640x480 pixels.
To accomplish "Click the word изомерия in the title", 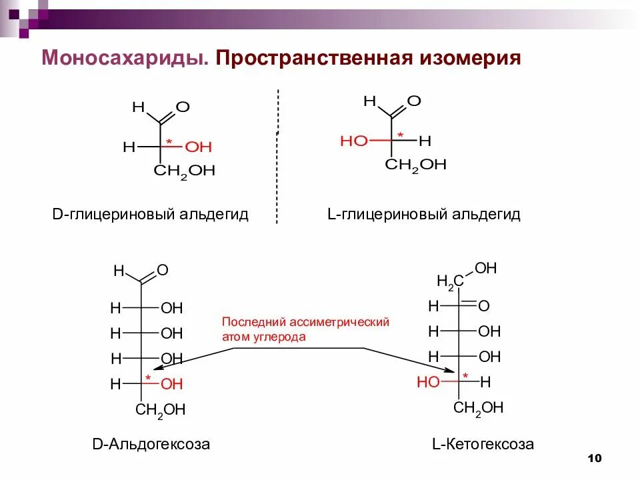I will (x=469, y=59).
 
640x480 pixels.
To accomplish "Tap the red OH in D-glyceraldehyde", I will (x=198, y=147).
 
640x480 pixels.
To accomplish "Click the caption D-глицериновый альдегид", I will (x=150, y=215).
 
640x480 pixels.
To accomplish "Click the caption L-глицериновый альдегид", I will (x=423, y=215).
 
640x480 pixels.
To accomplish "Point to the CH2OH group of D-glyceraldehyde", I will (x=184, y=172).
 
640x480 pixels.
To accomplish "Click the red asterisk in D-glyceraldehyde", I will (x=169, y=142).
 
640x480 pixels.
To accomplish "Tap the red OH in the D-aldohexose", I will (x=171, y=384).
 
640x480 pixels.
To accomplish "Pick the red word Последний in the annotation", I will (x=247, y=322).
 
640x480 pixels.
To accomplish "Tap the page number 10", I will (x=595, y=458).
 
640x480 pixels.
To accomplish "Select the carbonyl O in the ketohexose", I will (x=484, y=306).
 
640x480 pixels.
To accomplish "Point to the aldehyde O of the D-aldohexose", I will (x=162, y=271).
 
